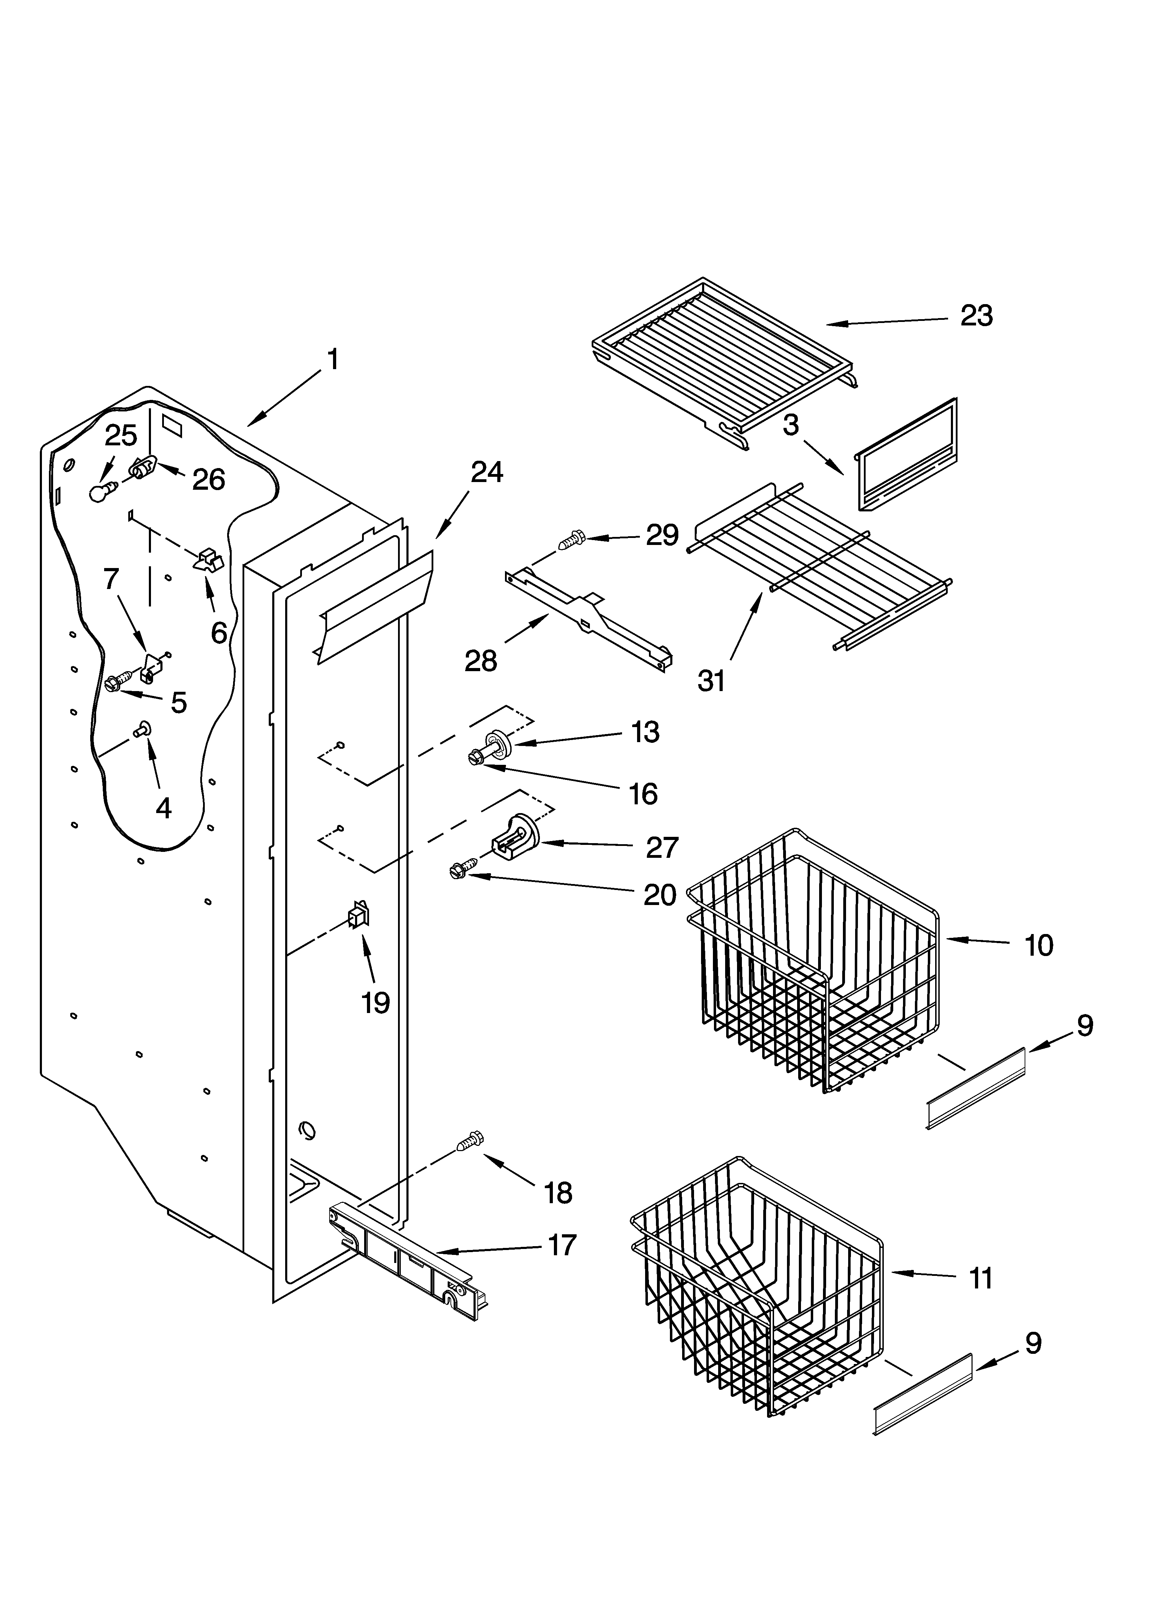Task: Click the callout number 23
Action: [x=976, y=316]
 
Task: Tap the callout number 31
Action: [x=711, y=681]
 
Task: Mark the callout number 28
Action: [x=481, y=661]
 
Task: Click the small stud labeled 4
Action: [x=142, y=730]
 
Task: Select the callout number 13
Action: [x=645, y=732]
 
